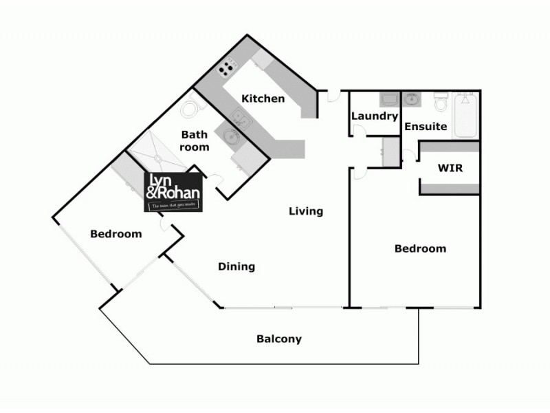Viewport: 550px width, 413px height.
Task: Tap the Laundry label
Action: [x=375, y=116]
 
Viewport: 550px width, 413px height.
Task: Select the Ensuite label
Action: [x=426, y=127]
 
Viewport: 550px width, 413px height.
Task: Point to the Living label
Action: [x=305, y=211]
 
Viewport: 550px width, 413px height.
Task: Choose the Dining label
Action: [x=236, y=266]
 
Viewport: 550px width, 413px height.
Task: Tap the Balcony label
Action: [x=278, y=339]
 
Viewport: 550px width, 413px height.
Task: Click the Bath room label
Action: [x=195, y=140]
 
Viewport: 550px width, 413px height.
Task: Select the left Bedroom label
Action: [x=116, y=234]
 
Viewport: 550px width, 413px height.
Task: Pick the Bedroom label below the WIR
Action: [x=420, y=248]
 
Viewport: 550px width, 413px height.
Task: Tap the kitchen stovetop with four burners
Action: [x=225, y=67]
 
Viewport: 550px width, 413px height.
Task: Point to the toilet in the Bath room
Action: [x=190, y=111]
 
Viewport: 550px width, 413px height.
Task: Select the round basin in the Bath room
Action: [x=230, y=136]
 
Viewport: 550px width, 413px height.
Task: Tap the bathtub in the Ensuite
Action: [x=465, y=116]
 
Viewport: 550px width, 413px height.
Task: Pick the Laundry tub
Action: [x=388, y=99]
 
